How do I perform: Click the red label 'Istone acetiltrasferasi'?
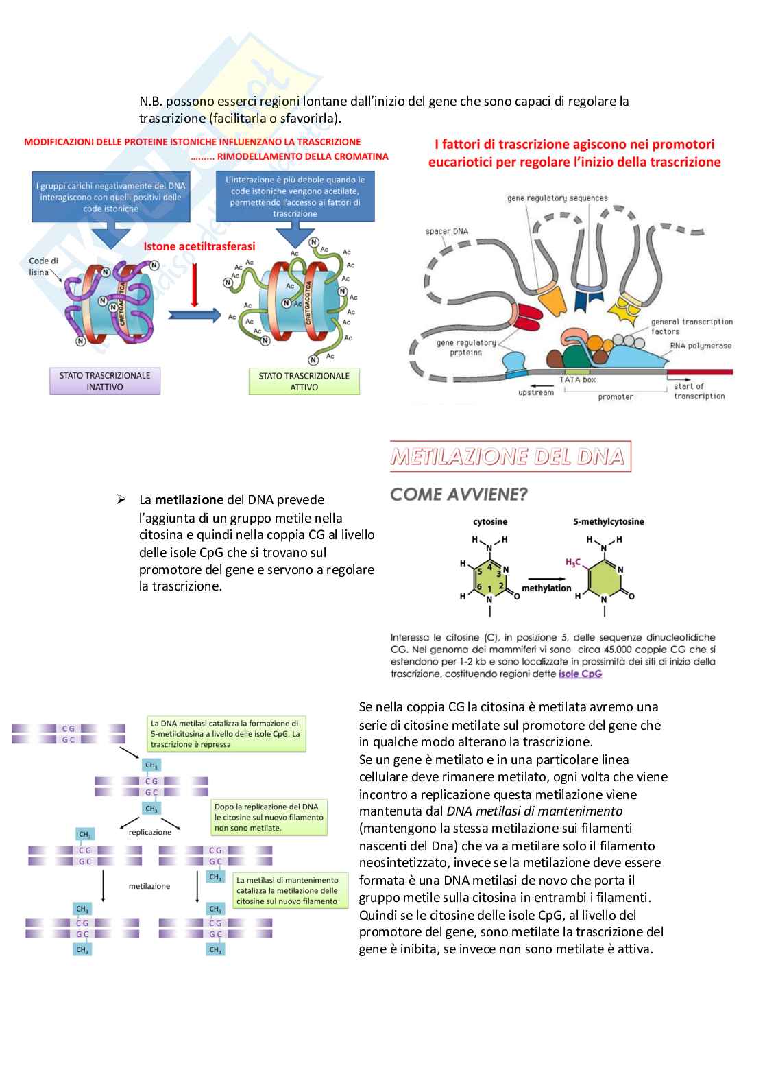pyautogui.click(x=199, y=246)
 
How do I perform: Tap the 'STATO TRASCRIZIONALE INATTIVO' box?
pyautogui.click(x=105, y=381)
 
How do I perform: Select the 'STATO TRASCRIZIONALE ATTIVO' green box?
pyautogui.click(x=304, y=381)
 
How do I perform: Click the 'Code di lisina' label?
pyautogui.click(x=43, y=266)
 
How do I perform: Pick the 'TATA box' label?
pyautogui.click(x=578, y=379)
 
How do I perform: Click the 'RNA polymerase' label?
pyautogui.click(x=701, y=346)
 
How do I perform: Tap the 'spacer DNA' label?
pyautogui.click(x=446, y=231)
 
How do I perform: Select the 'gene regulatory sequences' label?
pyautogui.click(x=557, y=198)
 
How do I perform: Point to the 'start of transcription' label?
pyautogui.click(x=699, y=391)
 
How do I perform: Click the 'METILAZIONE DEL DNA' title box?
pyautogui.click(x=510, y=457)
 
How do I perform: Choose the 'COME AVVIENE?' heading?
pyautogui.click(x=459, y=494)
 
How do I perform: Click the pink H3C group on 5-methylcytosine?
pyautogui.click(x=572, y=562)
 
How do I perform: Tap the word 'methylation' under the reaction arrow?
pyautogui.click(x=546, y=588)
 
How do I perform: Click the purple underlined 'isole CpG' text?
pyautogui.click(x=580, y=674)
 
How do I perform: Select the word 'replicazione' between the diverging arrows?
pyautogui.click(x=150, y=832)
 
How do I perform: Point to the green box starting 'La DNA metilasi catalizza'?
pyautogui.click(x=226, y=733)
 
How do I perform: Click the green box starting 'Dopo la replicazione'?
pyautogui.click(x=268, y=817)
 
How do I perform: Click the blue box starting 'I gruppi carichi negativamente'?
pyautogui.click(x=111, y=197)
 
